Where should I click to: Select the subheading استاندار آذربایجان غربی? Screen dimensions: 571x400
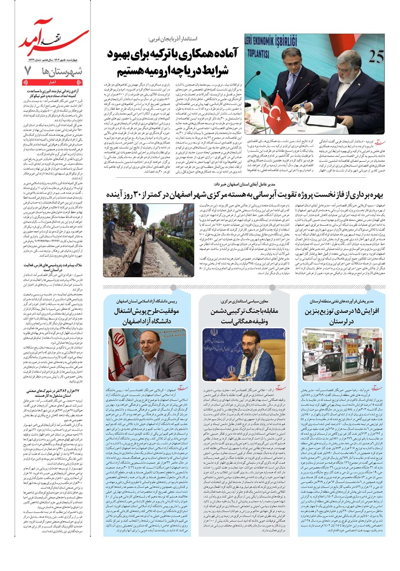tap(174, 39)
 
